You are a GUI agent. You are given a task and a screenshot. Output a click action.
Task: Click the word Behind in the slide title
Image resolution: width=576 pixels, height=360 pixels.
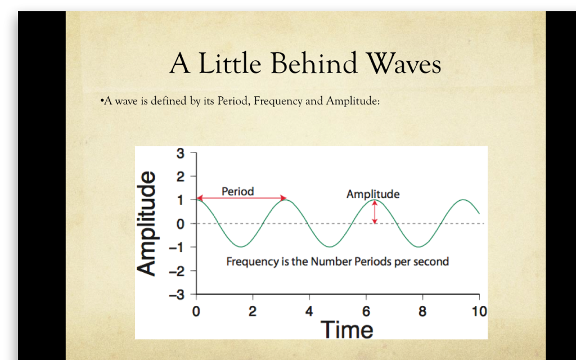click(314, 62)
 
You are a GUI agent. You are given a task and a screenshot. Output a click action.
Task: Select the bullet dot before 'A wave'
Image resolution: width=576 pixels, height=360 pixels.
click(102, 101)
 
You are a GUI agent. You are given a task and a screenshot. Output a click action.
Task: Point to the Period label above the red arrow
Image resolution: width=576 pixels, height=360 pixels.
click(238, 191)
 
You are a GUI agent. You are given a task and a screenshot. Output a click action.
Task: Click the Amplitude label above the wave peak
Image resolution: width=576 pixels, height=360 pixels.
click(373, 194)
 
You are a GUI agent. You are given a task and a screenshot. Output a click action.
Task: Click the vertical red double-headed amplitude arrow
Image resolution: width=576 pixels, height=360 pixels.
click(374, 211)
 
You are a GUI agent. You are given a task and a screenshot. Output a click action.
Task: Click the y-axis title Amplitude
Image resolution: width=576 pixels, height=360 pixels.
click(147, 223)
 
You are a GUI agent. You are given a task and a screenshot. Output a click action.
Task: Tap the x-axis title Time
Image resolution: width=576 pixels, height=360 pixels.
click(346, 329)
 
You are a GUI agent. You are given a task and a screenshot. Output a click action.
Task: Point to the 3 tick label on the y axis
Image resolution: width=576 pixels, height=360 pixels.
click(180, 153)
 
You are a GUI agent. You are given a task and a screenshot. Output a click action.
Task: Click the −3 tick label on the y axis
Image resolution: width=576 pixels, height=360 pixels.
click(176, 295)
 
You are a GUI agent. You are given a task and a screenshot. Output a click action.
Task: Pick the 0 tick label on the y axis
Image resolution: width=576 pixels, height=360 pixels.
click(180, 224)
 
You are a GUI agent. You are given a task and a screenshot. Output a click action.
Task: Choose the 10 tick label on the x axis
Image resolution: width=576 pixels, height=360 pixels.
click(479, 312)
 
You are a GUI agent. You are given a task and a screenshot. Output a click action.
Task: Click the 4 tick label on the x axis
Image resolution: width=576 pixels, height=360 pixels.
click(309, 312)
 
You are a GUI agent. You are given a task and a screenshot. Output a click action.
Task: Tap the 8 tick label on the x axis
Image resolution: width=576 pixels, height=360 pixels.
click(422, 312)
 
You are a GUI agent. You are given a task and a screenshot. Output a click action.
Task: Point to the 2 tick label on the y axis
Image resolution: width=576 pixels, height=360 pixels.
click(180, 177)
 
